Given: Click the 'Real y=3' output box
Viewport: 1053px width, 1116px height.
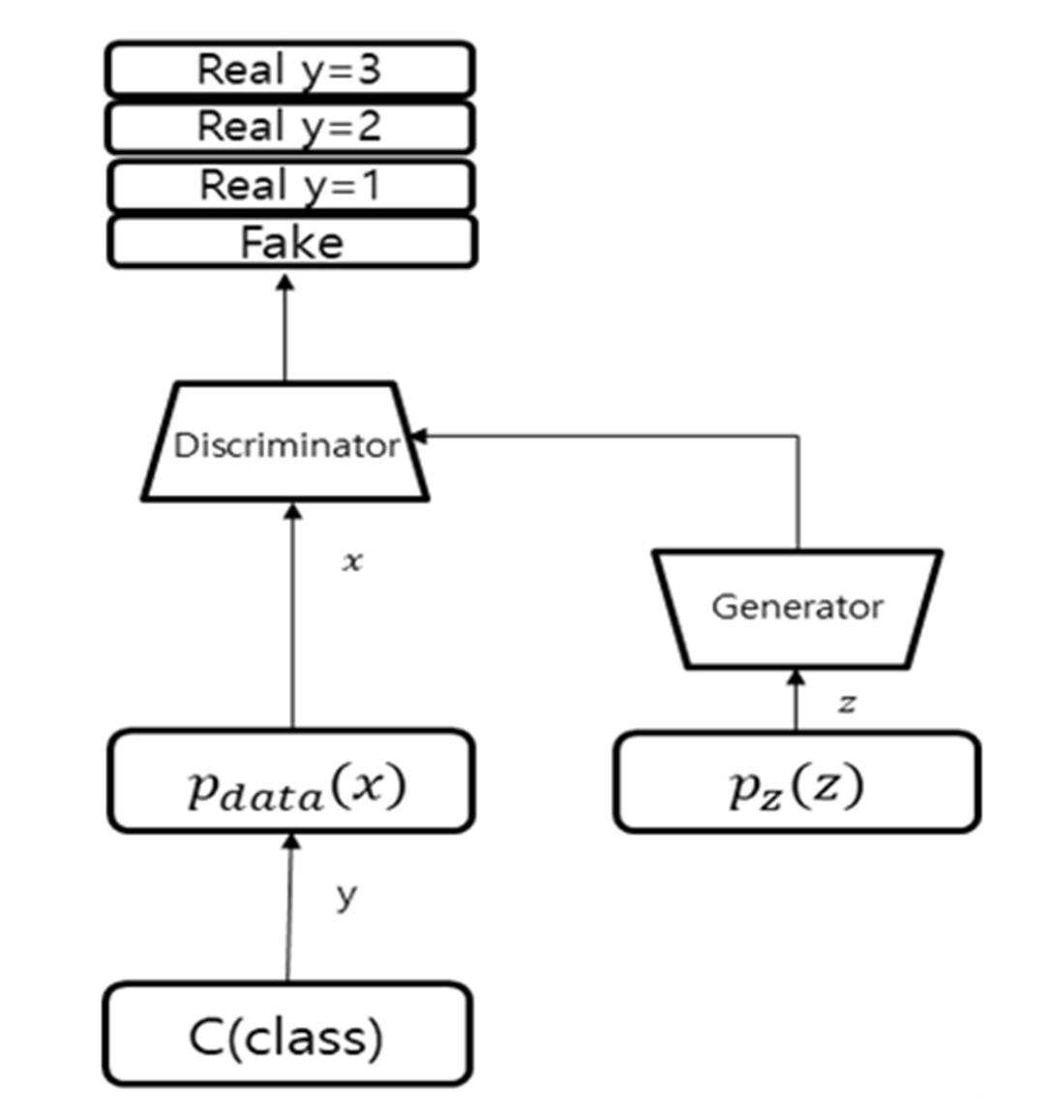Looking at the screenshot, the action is [289, 69].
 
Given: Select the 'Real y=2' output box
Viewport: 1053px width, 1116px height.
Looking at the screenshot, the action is [289, 127].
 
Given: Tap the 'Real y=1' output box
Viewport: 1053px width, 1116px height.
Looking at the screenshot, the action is [290, 186].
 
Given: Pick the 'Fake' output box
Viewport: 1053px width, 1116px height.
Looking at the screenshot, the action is [291, 243].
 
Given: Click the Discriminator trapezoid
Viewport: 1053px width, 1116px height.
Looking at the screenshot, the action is [286, 442].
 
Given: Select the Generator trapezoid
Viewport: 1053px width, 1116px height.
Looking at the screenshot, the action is [797, 609].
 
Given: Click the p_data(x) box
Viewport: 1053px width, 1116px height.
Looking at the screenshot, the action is [291, 781].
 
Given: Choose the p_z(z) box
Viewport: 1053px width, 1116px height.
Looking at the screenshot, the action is [797, 781].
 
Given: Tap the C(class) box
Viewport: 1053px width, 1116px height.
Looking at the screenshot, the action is [287, 1034].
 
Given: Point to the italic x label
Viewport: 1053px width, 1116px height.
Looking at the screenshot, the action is [352, 561].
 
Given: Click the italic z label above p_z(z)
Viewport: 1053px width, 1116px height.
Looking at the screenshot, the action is [847, 704].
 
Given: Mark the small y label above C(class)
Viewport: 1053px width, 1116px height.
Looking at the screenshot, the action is [346, 896].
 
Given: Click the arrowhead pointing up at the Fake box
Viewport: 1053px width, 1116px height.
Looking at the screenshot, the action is [286, 283].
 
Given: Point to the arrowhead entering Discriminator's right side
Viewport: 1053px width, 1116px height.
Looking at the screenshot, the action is [418, 437].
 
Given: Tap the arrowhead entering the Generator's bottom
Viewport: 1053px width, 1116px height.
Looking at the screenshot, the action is [797, 677].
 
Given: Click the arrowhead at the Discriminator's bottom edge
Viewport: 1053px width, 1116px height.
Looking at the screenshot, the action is [292, 510].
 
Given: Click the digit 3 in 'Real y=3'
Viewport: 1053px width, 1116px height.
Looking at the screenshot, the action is [368, 69].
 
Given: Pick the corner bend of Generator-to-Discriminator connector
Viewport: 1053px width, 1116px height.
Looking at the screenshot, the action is [798, 437].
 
